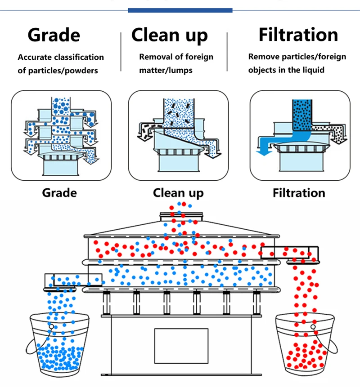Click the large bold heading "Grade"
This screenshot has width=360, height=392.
coord(54,35)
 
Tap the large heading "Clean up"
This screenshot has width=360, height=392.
coord(170,35)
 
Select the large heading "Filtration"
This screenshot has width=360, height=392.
coord(298,35)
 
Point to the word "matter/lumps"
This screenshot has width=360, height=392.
coord(166,71)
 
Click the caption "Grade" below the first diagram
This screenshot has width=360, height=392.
coord(59,193)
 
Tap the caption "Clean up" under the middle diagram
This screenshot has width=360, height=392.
coord(178,193)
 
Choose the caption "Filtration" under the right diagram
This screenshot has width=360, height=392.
coord(299,193)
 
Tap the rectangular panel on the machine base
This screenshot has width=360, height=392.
coord(181,346)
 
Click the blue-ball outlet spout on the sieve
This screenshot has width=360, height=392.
coord(73,280)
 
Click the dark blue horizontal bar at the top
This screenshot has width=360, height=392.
coord(180,10)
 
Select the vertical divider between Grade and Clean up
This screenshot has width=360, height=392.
coord(121,52)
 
